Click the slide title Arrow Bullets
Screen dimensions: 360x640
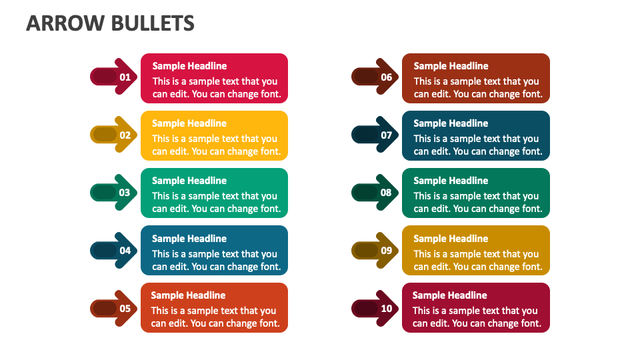(x=110, y=23)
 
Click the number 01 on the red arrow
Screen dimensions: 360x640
(x=125, y=77)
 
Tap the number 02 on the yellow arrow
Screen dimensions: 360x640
(x=125, y=135)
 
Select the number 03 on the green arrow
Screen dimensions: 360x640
(x=125, y=193)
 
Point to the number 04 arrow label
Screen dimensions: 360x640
(x=125, y=251)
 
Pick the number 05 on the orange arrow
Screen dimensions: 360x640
(x=125, y=308)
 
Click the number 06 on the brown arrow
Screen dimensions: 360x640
(x=387, y=77)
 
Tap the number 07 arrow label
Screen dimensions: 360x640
(x=387, y=135)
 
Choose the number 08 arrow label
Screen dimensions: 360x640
(x=387, y=193)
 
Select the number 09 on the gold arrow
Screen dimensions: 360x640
(x=387, y=251)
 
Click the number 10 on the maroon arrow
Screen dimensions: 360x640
(x=387, y=308)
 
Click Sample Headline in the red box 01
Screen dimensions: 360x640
(x=189, y=66)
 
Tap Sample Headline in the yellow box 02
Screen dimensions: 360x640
(x=189, y=123)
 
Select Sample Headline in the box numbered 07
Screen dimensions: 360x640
(x=451, y=123)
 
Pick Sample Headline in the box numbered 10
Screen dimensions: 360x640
(x=449, y=295)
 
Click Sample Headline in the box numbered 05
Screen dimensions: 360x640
(x=188, y=295)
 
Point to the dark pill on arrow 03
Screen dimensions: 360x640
(x=104, y=193)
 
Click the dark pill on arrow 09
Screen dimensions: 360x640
(x=365, y=251)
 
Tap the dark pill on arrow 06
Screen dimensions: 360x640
(x=365, y=77)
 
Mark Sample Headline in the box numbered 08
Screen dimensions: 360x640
(x=451, y=181)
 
